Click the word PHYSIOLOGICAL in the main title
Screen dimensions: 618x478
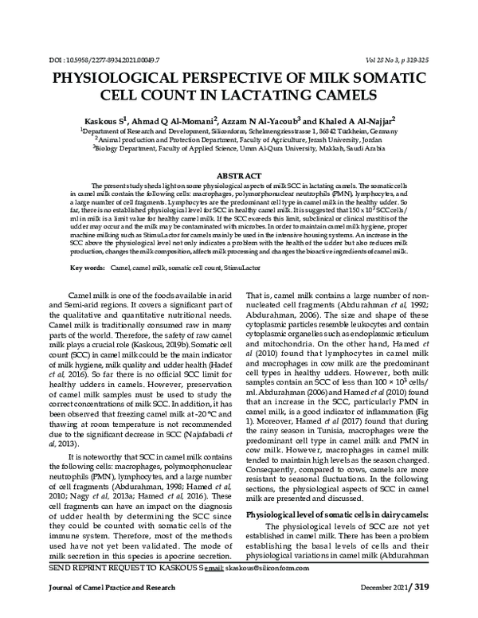pyautogui.click(x=134, y=80)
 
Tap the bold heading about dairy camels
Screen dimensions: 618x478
pyautogui.click(x=339, y=515)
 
